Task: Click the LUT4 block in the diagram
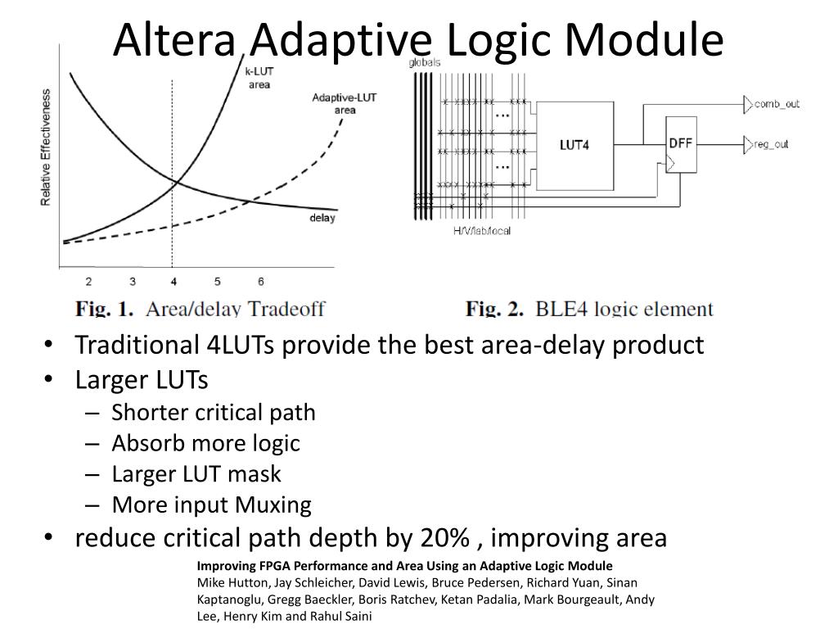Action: pyautogui.click(x=574, y=145)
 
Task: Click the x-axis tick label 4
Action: pyautogui.click(x=173, y=282)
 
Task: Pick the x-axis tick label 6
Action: pyautogui.click(x=260, y=282)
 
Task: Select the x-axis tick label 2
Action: pyautogui.click(x=88, y=282)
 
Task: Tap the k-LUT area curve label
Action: pyautogui.click(x=259, y=78)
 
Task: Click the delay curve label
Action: pyautogui.click(x=322, y=218)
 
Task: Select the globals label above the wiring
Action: pyautogui.click(x=425, y=62)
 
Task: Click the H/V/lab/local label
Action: pyautogui.click(x=482, y=230)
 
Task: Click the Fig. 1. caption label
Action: pyautogui.click(x=104, y=309)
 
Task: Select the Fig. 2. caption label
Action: pyautogui.click(x=494, y=309)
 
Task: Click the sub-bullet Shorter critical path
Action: pyautogui.click(x=213, y=412)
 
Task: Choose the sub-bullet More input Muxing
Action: pyautogui.click(x=211, y=505)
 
